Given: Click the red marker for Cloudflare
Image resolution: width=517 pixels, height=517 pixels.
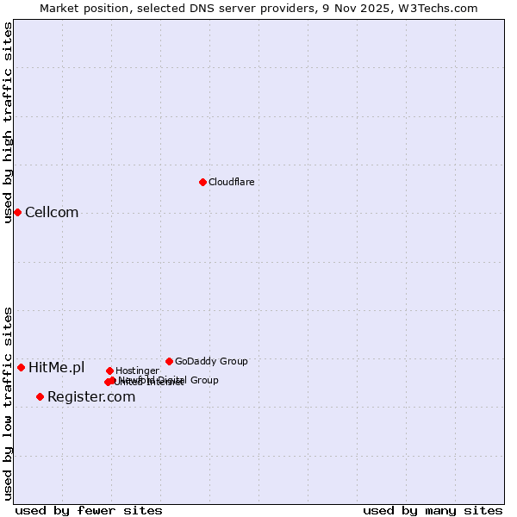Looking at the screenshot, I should point(202,182).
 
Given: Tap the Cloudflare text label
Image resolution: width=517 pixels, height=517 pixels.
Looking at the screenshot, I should point(231,182).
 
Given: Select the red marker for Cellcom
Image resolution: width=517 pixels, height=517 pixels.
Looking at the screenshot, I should point(17,212).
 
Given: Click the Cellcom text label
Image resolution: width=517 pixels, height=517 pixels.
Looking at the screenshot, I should point(52,213).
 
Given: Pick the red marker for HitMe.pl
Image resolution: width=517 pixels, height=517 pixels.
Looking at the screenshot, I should point(21,367).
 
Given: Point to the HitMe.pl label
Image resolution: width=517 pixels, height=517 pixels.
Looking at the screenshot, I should point(57,368).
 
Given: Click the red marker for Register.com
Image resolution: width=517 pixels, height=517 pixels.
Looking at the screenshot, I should point(40,396).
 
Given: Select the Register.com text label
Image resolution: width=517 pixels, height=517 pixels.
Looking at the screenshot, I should point(91,397).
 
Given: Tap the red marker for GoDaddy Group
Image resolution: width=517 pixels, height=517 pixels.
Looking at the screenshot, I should point(169,361).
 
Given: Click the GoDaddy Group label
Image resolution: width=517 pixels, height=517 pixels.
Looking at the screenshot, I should point(211,361).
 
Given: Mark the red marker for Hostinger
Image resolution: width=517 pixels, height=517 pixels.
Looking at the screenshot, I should point(109,371).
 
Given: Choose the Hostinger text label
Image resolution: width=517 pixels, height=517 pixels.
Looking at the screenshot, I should point(137,371).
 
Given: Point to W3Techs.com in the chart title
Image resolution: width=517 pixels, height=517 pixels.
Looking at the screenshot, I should point(438,8).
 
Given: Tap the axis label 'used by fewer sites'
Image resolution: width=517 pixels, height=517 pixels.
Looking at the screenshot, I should point(89,510).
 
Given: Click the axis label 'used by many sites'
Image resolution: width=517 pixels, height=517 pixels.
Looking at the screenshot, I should point(433,510).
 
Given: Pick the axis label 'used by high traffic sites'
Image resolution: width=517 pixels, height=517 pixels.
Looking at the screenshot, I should point(8,122).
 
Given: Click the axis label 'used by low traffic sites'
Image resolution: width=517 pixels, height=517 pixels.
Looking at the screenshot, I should point(8,402).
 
